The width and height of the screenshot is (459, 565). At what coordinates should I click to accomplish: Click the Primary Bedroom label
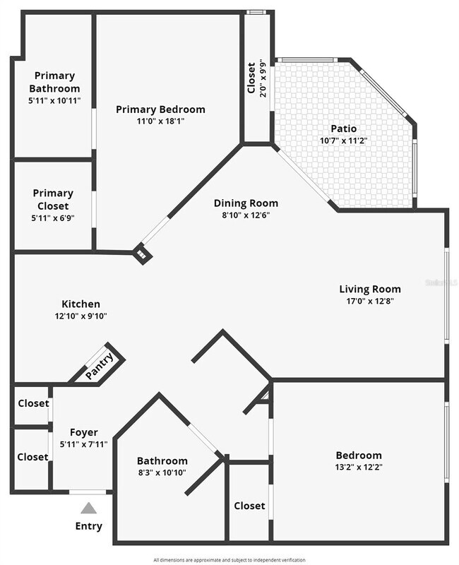(x=160, y=109)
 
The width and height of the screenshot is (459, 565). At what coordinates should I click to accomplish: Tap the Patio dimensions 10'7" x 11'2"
(x=344, y=141)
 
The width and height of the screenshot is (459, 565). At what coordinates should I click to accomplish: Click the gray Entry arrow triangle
(x=88, y=507)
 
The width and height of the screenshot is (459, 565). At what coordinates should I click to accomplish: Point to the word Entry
(x=88, y=525)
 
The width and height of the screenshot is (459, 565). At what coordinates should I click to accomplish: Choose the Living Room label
(x=369, y=289)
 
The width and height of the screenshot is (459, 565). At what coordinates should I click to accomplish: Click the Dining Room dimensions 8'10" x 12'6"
(x=246, y=215)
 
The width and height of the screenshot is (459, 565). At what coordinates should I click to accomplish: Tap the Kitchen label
(x=81, y=304)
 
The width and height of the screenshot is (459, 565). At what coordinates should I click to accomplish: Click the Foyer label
(x=83, y=432)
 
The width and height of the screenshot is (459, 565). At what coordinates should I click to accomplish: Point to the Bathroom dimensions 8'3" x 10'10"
(x=162, y=472)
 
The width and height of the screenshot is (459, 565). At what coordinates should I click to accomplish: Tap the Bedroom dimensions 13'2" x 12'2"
(x=358, y=467)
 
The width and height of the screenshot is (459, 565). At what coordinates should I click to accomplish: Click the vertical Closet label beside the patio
(x=251, y=79)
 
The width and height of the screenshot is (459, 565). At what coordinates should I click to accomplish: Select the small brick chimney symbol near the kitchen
(x=143, y=254)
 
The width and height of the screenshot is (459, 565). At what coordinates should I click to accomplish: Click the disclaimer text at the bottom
(x=229, y=559)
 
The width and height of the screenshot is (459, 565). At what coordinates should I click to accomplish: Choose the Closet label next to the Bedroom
(x=249, y=506)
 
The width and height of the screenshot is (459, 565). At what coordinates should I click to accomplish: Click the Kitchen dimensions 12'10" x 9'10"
(x=81, y=316)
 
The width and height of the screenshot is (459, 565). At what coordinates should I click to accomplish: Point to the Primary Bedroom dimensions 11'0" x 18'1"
(x=160, y=121)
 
